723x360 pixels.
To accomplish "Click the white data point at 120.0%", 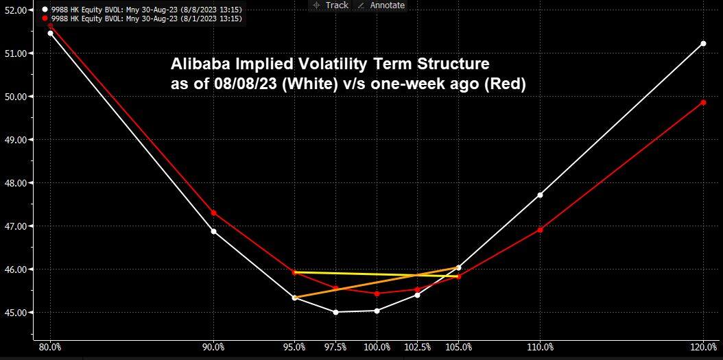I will [703, 43].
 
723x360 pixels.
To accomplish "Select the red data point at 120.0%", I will [703, 102].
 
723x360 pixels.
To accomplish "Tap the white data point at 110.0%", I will [540, 195].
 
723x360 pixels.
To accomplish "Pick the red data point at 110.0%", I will [540, 230].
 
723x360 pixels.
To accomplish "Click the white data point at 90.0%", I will [213, 231].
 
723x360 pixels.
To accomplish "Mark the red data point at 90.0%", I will [213, 213].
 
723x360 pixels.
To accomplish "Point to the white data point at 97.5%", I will [335, 312].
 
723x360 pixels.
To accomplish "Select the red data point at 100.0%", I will [377, 293].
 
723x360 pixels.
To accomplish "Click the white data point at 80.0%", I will [50, 33].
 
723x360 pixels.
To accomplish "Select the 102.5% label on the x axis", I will [417, 347].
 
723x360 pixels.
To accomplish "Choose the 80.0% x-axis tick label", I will [50, 347].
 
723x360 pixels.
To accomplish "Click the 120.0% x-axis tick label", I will [703, 347].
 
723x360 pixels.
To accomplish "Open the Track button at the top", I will [331, 5].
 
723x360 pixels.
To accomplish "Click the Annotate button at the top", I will [381, 5].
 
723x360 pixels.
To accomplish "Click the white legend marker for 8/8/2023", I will [44, 9].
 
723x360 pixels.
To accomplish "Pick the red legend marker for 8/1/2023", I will [44, 18].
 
